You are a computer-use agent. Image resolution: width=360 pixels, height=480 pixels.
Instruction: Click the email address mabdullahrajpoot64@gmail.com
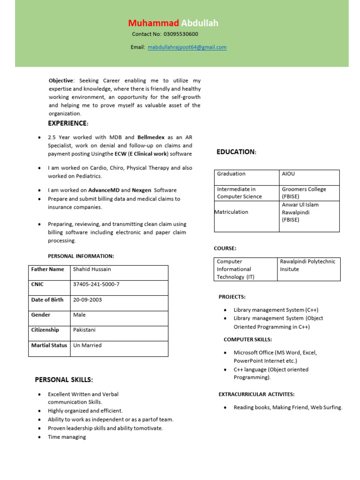click(x=187, y=47)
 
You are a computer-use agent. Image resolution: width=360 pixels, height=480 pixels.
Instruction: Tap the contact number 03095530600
click(x=180, y=34)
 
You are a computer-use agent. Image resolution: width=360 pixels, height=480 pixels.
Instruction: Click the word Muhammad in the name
click(x=154, y=23)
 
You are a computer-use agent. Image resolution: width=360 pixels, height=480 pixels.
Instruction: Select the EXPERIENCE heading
click(x=68, y=123)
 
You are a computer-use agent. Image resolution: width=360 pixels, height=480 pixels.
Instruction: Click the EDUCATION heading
click(x=236, y=152)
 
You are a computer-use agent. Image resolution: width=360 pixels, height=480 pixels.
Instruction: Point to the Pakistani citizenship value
click(x=84, y=330)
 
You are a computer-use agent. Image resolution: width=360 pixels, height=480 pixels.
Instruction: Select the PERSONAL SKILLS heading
click(x=64, y=380)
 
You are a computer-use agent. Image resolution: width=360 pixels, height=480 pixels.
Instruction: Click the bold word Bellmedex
click(x=151, y=137)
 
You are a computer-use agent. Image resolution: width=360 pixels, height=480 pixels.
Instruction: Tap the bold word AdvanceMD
click(x=104, y=190)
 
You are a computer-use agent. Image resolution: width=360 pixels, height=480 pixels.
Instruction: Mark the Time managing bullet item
click(x=67, y=437)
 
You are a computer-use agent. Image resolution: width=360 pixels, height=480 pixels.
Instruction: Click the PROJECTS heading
click(x=232, y=297)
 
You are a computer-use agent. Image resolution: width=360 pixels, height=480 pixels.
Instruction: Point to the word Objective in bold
click(x=61, y=81)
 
